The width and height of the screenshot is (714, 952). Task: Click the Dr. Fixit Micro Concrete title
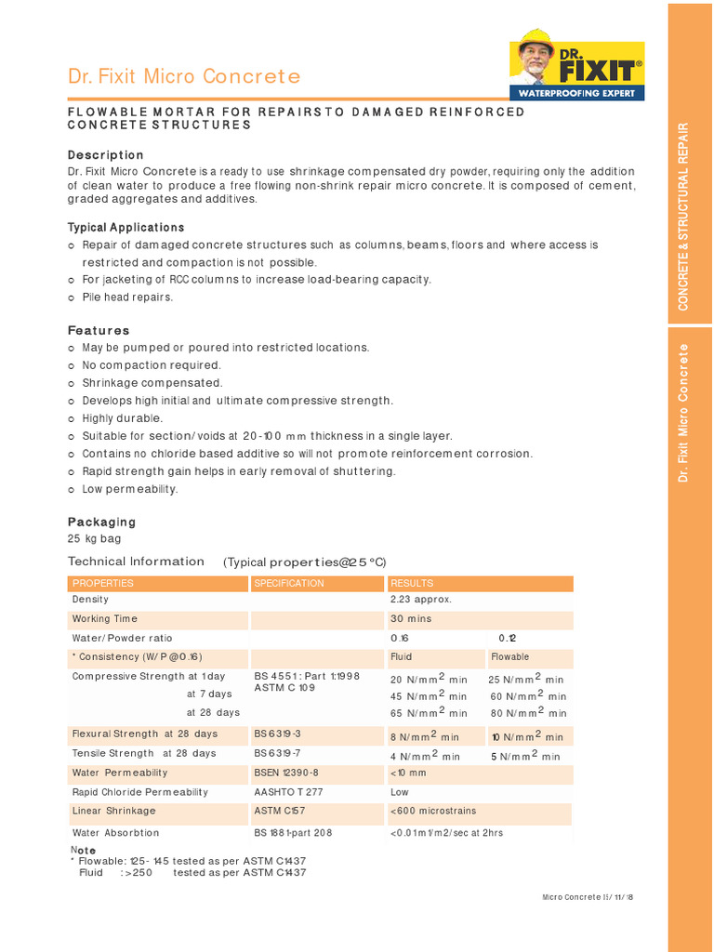[x=184, y=76]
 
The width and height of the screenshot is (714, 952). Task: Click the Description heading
[x=106, y=154]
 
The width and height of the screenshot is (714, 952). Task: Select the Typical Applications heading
[x=126, y=227]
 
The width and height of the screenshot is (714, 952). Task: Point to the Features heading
[x=99, y=330]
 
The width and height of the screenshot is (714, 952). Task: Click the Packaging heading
[x=101, y=522]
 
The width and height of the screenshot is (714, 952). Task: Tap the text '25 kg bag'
[x=94, y=538]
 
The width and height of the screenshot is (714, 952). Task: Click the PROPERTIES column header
[x=103, y=583]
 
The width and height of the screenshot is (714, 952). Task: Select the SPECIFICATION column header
[x=289, y=583]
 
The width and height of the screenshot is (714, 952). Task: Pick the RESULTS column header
[x=412, y=583]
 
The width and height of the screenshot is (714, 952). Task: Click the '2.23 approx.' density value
[x=421, y=600]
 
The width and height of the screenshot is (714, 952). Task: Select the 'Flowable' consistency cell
[x=509, y=657]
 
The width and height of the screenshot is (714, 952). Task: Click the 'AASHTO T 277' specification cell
[x=288, y=792]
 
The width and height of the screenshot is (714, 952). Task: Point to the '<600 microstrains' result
[x=434, y=812]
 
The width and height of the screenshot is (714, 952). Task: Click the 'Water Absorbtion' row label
[x=116, y=833]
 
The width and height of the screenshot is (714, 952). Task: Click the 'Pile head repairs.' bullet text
[x=127, y=297]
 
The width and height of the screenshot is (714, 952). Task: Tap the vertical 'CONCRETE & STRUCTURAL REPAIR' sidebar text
[x=683, y=216]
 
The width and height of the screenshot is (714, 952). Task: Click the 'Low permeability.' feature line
[x=130, y=489]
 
